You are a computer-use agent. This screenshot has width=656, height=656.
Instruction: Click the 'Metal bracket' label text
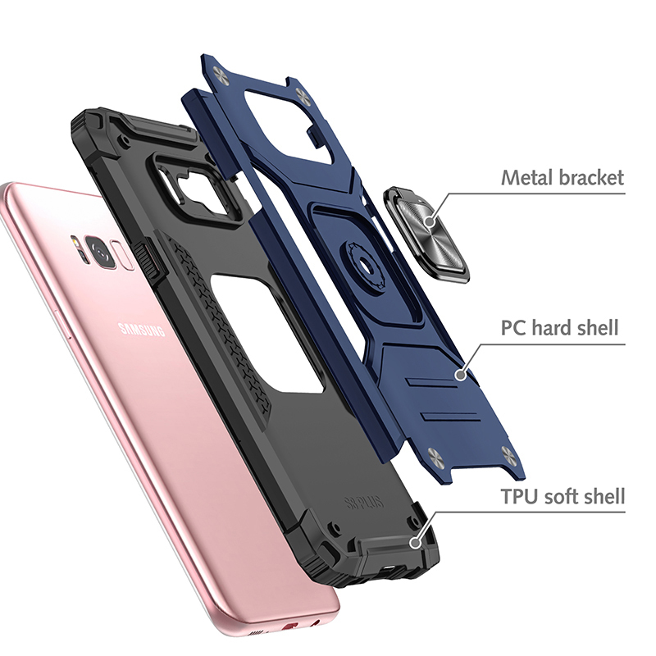563,177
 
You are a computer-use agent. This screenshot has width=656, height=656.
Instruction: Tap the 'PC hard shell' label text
559,327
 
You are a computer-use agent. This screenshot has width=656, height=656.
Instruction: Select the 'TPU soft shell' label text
563,497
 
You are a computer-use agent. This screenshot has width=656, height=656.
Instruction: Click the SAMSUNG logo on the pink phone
141,330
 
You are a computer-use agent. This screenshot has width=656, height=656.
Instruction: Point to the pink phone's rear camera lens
101,252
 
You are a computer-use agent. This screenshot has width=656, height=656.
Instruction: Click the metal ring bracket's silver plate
430,235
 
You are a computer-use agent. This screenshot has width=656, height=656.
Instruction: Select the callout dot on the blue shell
461,374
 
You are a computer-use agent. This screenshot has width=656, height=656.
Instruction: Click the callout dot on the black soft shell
415,543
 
